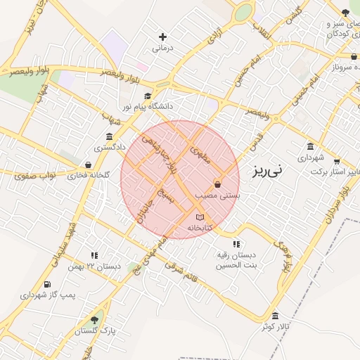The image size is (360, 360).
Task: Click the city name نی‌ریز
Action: (x=268, y=169)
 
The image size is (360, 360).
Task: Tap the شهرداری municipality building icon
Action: (x=310, y=146)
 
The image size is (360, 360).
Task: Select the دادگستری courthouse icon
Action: (x=109, y=136)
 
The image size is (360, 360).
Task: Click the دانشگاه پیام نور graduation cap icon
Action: (x=148, y=96)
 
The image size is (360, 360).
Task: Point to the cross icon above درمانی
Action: (x=163, y=37)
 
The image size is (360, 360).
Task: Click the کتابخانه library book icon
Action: (x=200, y=217)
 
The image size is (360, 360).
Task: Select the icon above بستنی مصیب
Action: (x=217, y=184)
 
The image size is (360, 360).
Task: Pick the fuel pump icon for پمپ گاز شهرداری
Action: (x=47, y=285)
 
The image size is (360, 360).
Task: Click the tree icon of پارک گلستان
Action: (x=95, y=320)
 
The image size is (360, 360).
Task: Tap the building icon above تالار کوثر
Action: (x=275, y=316)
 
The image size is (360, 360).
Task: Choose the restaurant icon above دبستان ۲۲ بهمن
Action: (x=94, y=256)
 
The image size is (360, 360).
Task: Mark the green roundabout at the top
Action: (x=243, y=13)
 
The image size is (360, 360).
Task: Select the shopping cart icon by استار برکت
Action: (x=337, y=161)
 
